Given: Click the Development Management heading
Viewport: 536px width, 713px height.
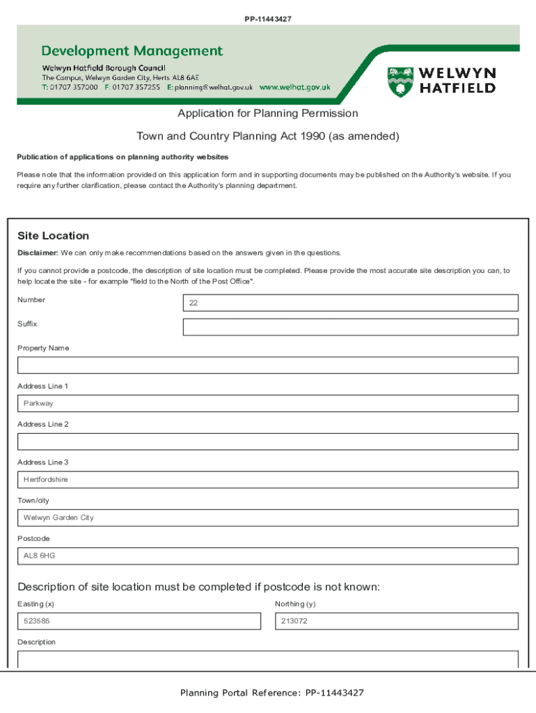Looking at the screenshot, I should tap(132, 51).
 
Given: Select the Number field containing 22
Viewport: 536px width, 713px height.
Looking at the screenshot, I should tap(350, 303).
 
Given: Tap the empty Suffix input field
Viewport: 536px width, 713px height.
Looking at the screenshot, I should tap(350, 327).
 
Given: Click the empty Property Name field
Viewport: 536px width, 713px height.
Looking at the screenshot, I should tap(268, 366).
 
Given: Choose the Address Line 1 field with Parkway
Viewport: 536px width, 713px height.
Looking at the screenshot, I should tap(268, 404).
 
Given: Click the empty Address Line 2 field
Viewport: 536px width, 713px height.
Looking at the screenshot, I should tap(268, 441).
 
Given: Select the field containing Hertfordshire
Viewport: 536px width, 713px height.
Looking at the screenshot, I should tap(268, 480).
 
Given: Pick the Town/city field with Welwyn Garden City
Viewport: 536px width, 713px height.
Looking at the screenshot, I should tap(268, 518).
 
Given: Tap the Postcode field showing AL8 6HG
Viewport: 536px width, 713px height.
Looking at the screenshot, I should tap(268, 556).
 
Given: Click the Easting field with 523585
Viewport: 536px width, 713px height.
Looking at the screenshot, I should tap(139, 621).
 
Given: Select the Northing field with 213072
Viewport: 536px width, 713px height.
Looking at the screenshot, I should tap(396, 621).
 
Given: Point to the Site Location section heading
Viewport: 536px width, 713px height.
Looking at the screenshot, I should tap(53, 236).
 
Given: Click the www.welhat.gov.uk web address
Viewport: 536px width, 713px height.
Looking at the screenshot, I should tap(294, 88).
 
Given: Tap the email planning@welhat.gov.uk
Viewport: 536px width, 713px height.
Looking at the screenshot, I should tap(213, 88).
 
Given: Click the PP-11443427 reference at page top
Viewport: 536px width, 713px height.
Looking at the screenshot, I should tap(267, 19).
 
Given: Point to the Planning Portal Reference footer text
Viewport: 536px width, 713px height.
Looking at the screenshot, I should tap(271, 693).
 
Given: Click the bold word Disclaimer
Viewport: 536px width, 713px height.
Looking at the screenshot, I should tap(38, 252).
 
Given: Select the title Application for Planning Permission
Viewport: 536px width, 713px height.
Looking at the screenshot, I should tap(267, 113).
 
